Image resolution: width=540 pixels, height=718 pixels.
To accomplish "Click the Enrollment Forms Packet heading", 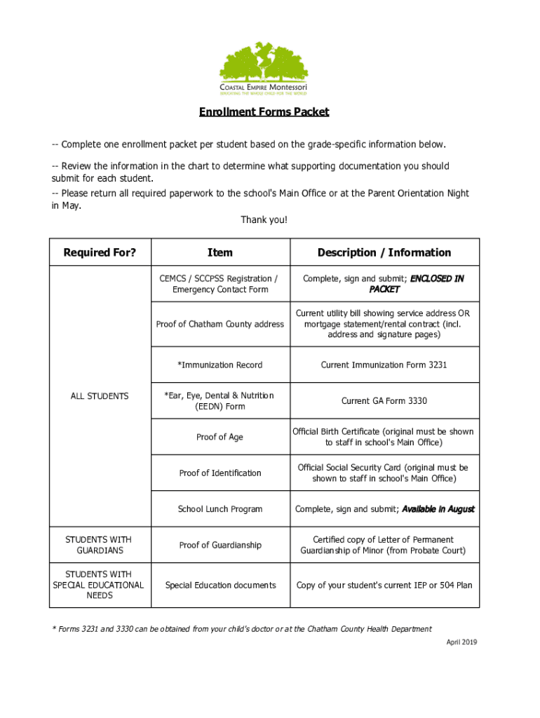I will point(264,112).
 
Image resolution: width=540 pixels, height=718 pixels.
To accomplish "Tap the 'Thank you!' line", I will point(264,220).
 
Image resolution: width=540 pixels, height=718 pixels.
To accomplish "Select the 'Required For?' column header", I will point(100,252).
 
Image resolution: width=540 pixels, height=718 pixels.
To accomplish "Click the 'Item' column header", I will point(220,252).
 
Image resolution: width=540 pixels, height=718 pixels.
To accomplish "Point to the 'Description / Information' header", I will point(384,252).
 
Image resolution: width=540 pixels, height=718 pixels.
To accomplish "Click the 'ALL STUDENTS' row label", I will point(100,396).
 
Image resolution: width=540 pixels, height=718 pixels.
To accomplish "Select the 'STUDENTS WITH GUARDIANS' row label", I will point(99,545).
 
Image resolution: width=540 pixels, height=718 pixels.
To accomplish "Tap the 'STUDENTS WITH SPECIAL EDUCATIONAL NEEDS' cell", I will point(99,585).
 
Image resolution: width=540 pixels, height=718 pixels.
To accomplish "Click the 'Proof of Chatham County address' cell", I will point(220,324).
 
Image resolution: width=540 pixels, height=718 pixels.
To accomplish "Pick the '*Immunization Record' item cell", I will point(220,365).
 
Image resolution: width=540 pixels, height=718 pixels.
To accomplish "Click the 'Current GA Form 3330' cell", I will point(384,401).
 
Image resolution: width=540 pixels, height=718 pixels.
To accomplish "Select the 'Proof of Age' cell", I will point(220,437).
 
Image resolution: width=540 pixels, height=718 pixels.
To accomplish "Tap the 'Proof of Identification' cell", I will point(220,473).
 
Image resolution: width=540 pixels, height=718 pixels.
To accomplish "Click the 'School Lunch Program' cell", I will point(220,509).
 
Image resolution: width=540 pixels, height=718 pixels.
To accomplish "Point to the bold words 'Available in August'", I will point(438,509).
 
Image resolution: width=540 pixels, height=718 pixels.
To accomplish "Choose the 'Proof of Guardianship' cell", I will point(220,545).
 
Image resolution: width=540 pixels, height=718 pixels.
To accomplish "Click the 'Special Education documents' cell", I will point(220,585).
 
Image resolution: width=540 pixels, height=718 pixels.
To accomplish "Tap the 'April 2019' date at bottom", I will point(461,642).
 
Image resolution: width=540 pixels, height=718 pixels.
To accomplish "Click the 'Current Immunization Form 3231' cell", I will point(384,365).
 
